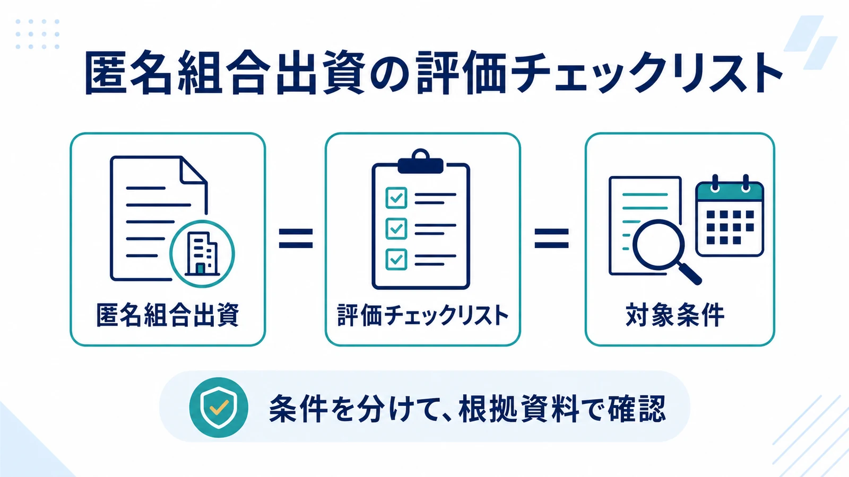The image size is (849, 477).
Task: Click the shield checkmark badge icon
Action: [219, 408]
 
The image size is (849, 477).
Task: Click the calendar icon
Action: [730, 216]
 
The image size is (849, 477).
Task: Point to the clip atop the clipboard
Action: [421, 162]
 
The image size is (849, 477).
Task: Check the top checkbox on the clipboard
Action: [396, 198]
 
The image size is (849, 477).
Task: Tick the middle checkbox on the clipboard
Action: [396, 228]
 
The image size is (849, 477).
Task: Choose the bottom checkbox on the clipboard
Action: [396, 259]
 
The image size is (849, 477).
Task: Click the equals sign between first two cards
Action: [296, 238]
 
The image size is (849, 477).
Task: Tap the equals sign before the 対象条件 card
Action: [551, 238]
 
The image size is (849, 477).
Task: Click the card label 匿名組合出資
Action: [168, 315]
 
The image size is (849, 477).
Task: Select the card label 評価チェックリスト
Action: [422, 315]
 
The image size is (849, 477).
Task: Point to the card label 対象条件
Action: [675, 315]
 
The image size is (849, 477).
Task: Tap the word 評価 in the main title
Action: [461, 73]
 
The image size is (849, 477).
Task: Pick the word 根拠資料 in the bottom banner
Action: [518, 409]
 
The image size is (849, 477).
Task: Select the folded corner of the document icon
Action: [193, 171]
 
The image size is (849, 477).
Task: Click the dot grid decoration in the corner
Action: [38, 34]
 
